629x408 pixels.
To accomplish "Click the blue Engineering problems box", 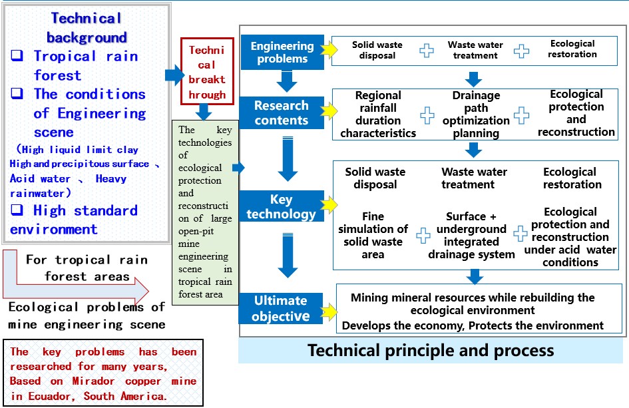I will pos(282,52).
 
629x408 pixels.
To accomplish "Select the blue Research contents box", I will pos(282,112).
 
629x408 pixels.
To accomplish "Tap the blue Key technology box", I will pos(282,206).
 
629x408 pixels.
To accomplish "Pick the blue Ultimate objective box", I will pos(280,308).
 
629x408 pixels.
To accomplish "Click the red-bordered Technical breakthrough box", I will pos(207,72).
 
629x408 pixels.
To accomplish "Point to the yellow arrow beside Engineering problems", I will pos(329,51).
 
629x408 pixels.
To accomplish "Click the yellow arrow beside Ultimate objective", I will pos(328,309).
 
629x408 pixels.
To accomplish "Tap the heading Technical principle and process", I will pos(431,350).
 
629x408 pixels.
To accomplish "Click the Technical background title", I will pos(87,27).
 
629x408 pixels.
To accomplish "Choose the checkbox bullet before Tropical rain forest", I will pos(17,57).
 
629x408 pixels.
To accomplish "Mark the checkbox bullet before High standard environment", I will pos(17,211).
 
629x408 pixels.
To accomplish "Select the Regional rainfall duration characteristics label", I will pos(378,114).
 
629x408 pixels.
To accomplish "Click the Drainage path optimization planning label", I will pos(476,114).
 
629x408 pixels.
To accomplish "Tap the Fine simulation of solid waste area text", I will pos(374,235).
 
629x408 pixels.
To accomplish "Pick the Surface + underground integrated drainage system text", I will pos(471,235).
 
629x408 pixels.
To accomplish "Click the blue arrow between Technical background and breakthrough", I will pos(174,75).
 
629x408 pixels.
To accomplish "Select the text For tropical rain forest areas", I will pos(87,268).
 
